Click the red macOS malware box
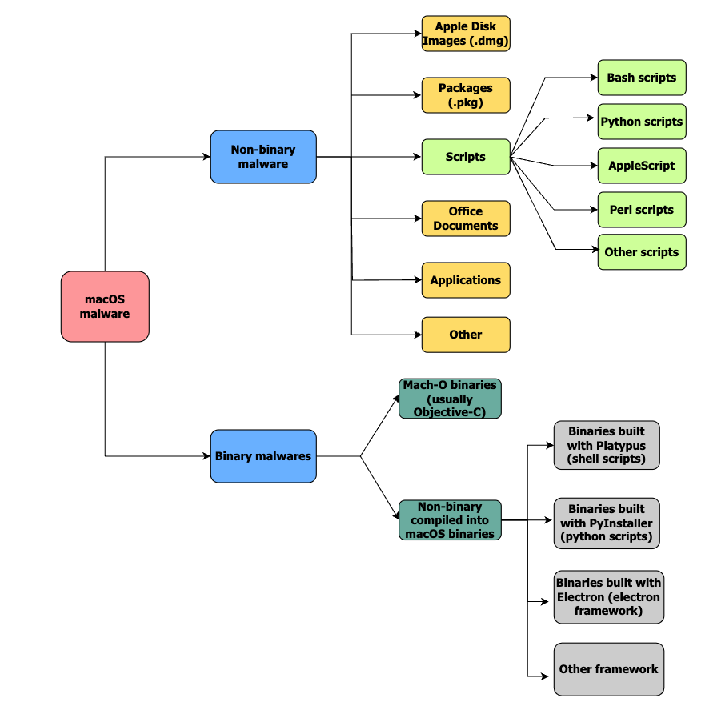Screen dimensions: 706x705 105,307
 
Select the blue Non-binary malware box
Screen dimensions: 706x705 263,157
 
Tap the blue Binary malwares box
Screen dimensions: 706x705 263,456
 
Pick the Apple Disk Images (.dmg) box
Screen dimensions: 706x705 466,34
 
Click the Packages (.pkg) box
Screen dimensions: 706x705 466,95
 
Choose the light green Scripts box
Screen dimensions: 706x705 466,157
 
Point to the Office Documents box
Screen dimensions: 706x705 466,219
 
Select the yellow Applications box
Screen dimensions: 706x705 466,280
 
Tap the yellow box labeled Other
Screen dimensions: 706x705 466,335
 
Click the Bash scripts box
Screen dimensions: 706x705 642,78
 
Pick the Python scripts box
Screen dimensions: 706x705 642,122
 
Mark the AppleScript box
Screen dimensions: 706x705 642,166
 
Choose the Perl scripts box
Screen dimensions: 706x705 642,210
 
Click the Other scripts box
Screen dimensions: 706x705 642,252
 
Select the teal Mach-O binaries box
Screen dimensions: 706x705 450,399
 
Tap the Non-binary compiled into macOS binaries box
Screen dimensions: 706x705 450,520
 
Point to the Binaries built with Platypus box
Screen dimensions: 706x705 607,445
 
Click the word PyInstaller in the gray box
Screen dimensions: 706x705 620,523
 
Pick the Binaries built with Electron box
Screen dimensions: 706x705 608,596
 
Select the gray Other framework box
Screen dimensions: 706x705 608,669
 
